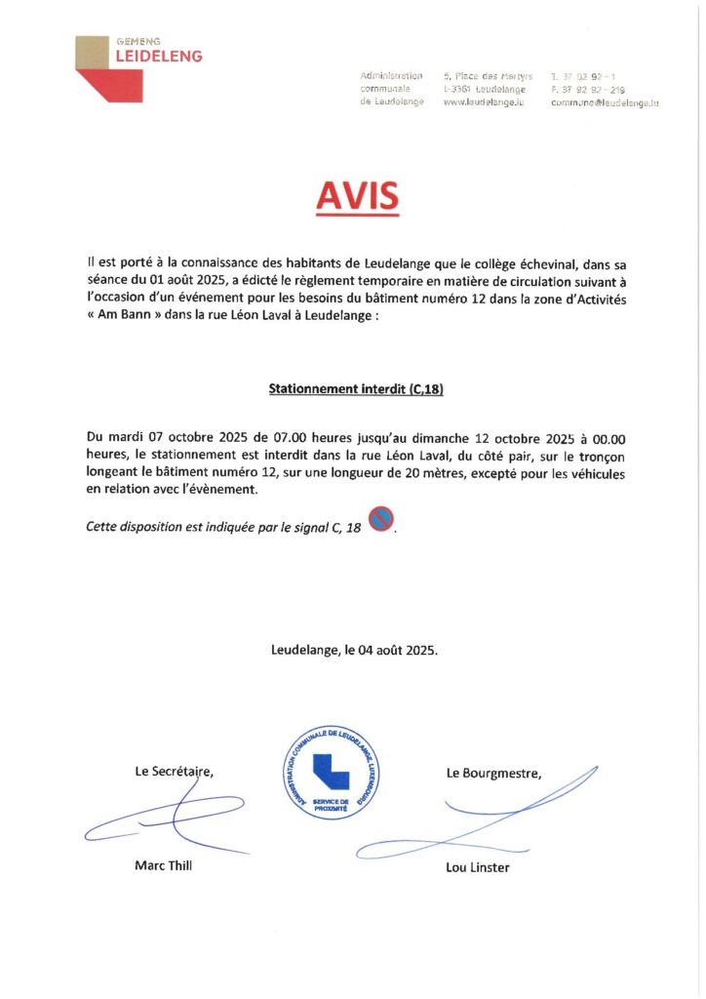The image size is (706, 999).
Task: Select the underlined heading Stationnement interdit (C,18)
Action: [x=356, y=388]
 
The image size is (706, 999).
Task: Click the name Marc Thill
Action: [x=163, y=865]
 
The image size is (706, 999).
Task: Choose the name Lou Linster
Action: [x=478, y=867]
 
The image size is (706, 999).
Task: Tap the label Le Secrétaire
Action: [x=174, y=772]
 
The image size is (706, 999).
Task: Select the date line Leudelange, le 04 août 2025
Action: [x=354, y=649]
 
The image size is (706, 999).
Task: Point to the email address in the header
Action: [x=605, y=102]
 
